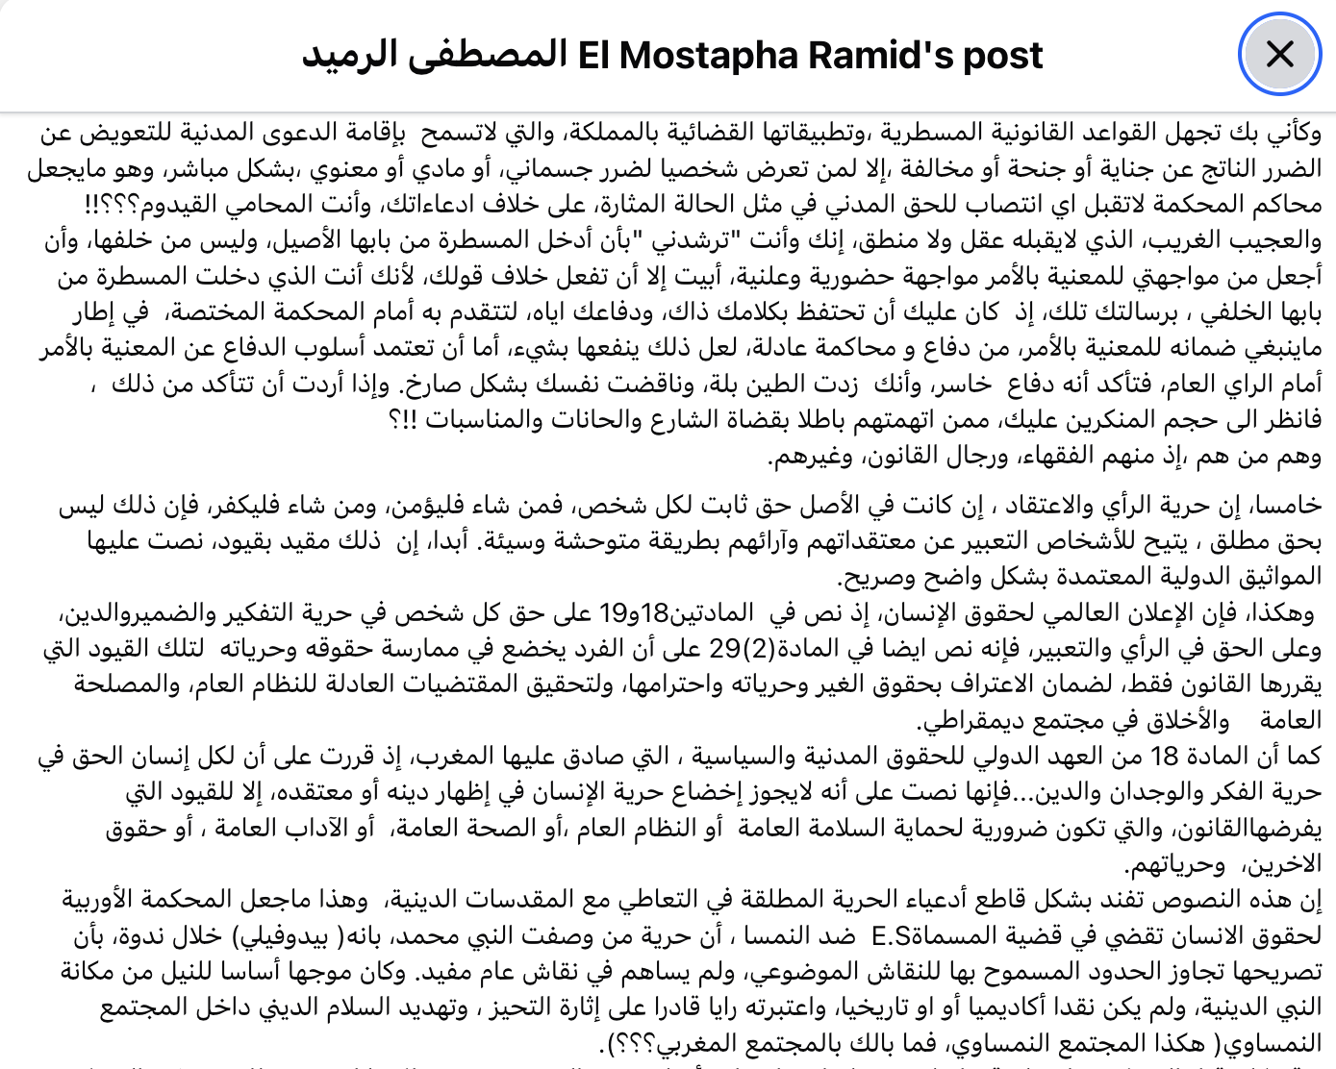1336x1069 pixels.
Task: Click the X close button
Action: [1279, 54]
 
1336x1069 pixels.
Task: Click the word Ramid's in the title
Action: [867, 56]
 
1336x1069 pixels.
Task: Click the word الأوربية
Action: [107, 900]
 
